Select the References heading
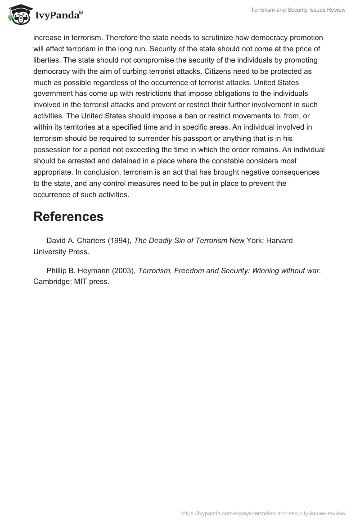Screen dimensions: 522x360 pos(68,216)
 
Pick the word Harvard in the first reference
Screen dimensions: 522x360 pos(279,241)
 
